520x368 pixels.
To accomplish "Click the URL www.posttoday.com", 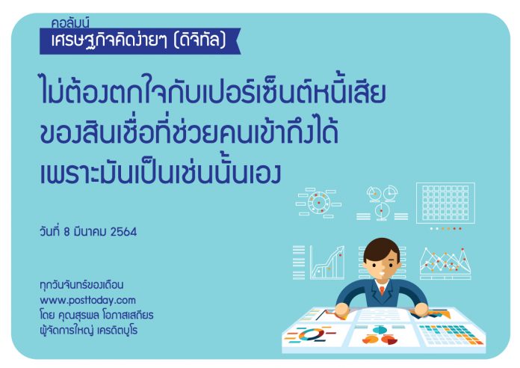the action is [x=88, y=300].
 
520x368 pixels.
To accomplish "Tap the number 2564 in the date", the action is [x=123, y=232].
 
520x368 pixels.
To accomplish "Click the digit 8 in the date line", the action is [x=66, y=232].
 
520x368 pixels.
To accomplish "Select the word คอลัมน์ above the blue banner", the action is [x=70, y=22].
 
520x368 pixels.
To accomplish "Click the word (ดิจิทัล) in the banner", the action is [x=200, y=40].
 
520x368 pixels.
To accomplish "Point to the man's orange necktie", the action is [x=382, y=290].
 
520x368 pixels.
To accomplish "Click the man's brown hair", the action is [x=381, y=248].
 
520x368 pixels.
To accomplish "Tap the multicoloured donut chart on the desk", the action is [x=311, y=334].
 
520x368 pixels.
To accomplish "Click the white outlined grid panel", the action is [x=445, y=203].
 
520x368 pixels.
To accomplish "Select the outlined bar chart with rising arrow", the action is [x=327, y=263].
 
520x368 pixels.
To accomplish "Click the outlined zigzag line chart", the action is [x=445, y=263].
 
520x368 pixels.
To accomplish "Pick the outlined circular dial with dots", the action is [x=318, y=202].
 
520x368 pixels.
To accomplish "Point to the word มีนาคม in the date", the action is [x=90, y=232].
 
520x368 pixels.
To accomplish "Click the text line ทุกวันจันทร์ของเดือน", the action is [x=81, y=285].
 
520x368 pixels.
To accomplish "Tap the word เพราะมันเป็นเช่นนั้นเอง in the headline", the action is [x=161, y=172].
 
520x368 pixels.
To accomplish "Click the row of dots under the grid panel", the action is [x=445, y=229].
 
